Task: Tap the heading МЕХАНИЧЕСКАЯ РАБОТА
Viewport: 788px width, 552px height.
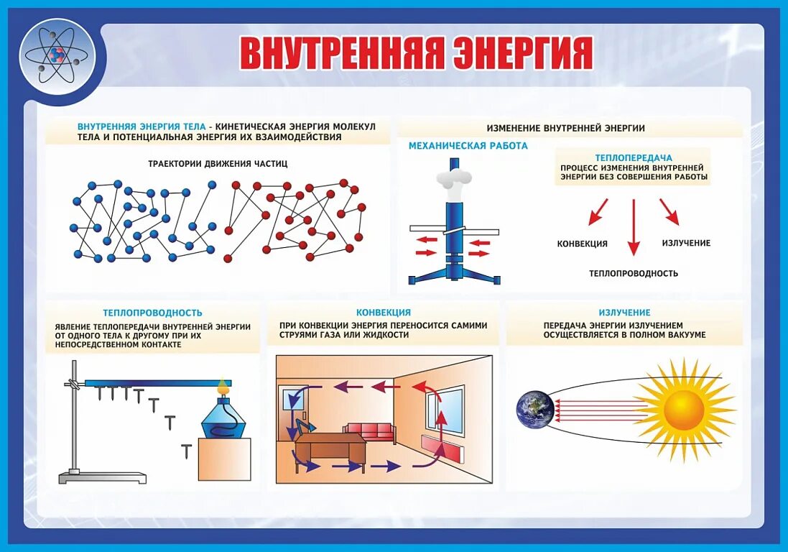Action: (x=468, y=146)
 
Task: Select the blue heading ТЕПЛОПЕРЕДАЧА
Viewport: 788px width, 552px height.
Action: (x=633, y=157)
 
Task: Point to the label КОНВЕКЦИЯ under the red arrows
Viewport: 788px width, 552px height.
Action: (x=582, y=244)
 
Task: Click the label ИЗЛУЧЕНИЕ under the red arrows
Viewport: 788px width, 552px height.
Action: (x=686, y=243)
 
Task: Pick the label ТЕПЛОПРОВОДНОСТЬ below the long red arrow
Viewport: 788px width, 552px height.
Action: (x=633, y=274)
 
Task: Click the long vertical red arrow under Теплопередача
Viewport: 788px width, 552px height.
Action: (x=633, y=226)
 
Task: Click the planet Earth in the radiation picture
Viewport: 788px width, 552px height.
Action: (x=535, y=409)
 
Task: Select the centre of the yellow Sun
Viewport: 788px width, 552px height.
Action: (x=683, y=410)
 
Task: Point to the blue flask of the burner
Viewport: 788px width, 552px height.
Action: (x=225, y=420)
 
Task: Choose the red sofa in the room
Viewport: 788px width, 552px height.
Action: (x=368, y=431)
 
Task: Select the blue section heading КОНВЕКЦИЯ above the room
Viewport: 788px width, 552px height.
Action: (x=384, y=313)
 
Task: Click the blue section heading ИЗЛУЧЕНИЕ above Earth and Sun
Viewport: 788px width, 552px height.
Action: (x=624, y=313)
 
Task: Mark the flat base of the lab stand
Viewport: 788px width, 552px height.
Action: (x=103, y=477)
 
